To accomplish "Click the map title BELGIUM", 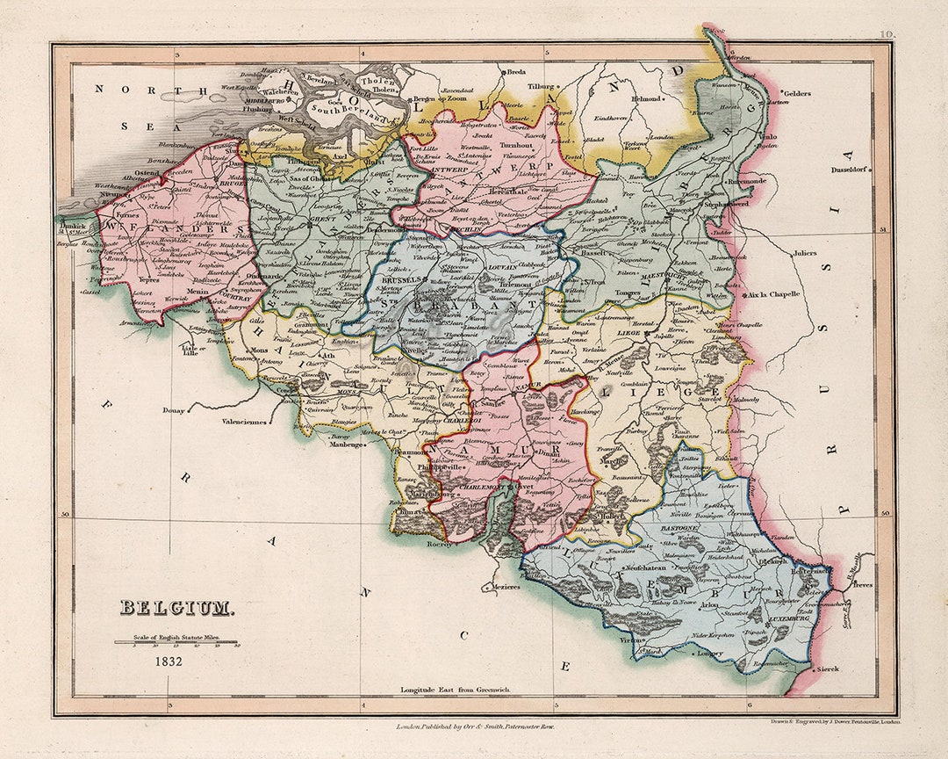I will (x=176, y=607).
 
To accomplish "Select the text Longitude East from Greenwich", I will (x=455, y=690).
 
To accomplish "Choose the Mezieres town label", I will (x=502, y=587).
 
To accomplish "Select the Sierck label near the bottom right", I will (x=827, y=669).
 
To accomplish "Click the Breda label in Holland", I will (x=516, y=72).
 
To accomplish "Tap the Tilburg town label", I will (x=542, y=86).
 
